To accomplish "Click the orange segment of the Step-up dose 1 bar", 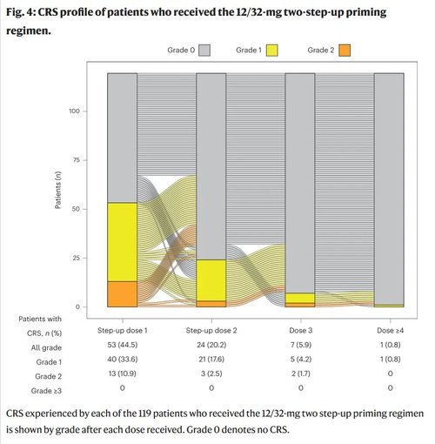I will point(123,294).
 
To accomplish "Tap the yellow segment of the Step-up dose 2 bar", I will point(211,279).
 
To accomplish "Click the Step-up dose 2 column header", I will point(211,332).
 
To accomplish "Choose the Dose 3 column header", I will point(300,332).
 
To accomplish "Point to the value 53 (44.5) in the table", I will point(123,346).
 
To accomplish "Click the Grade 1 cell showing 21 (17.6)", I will point(211,360).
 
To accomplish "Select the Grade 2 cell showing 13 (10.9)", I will point(123,373).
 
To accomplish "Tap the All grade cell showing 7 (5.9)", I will point(300,346).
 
